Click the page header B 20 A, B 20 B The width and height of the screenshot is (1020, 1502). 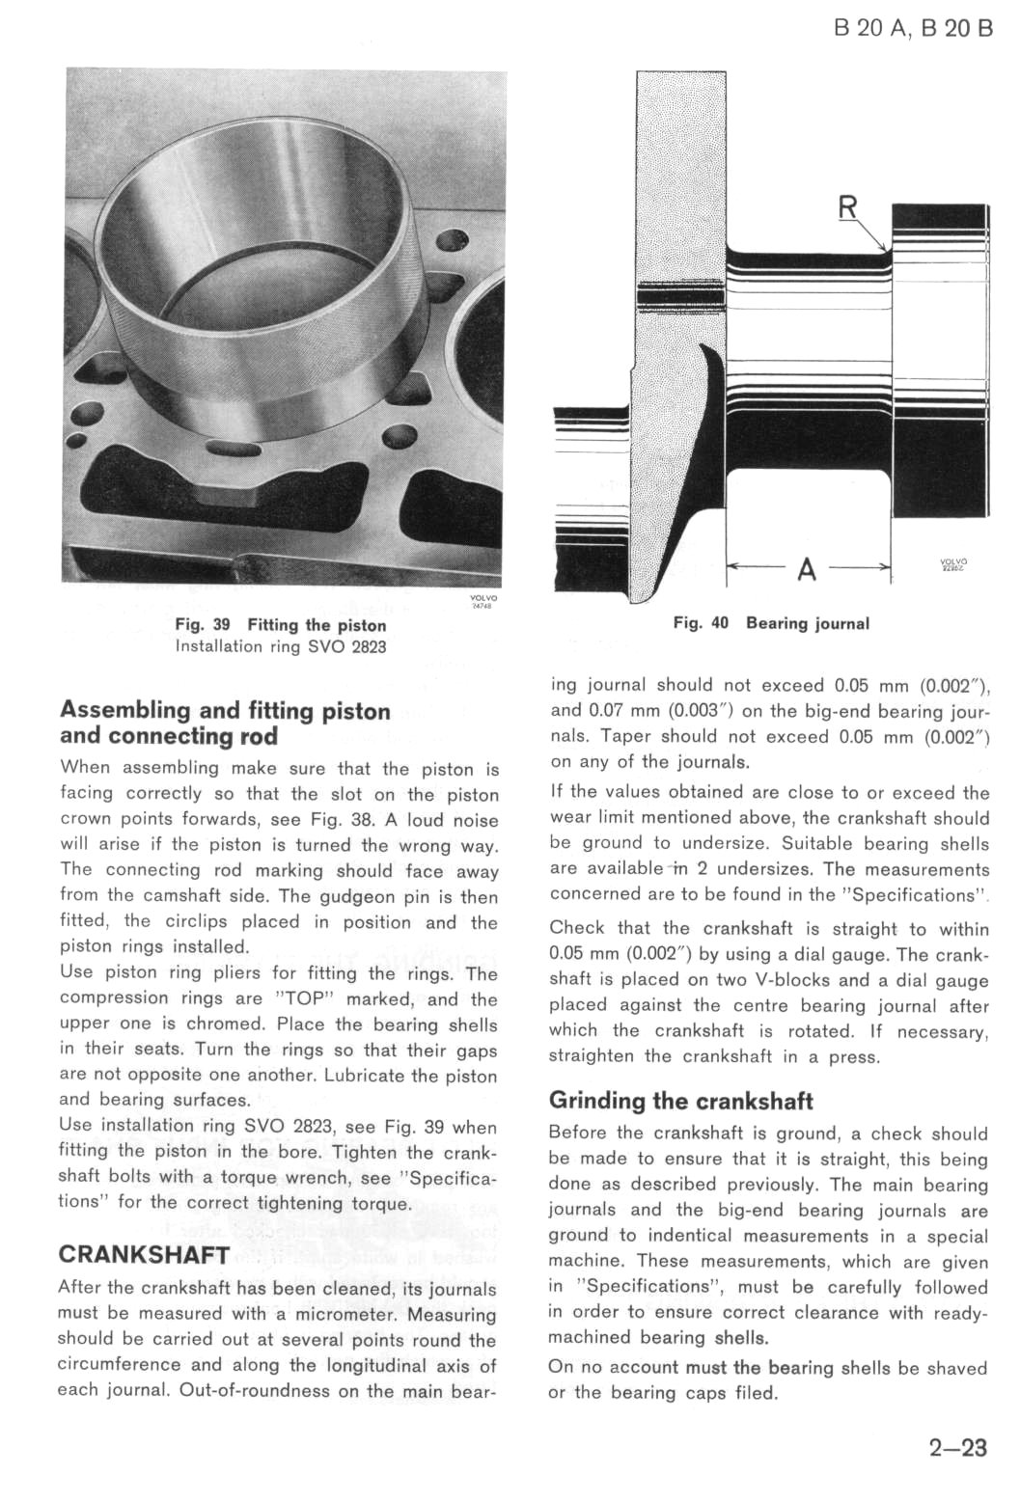coord(912,27)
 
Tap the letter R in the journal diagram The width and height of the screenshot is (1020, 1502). coord(848,207)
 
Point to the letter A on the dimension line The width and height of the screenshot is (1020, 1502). coord(807,570)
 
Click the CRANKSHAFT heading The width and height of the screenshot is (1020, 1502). coord(145,1255)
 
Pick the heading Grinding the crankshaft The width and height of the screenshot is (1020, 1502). coord(680,1101)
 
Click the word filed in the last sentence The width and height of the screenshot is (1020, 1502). coord(754,1393)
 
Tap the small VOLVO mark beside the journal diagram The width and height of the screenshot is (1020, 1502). coord(953,565)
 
